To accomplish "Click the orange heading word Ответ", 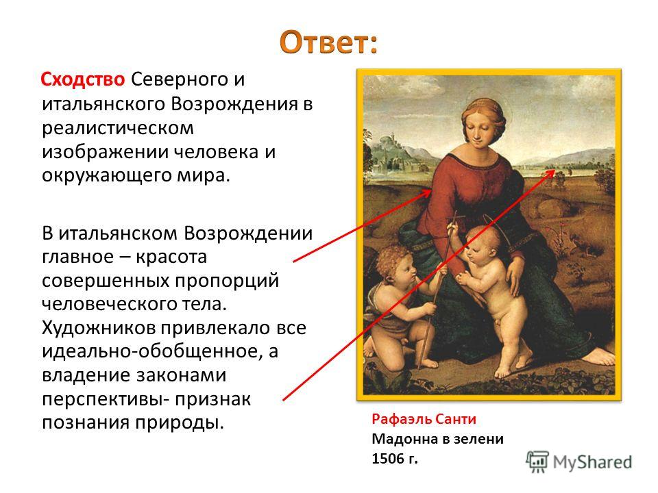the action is (328, 42).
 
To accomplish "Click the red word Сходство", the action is (83, 79).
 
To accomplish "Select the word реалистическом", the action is (118, 128).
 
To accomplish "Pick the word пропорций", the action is (227, 281).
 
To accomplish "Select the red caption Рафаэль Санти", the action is (424, 419).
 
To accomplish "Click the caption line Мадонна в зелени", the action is (438, 439).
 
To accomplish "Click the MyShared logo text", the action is (592, 462).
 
